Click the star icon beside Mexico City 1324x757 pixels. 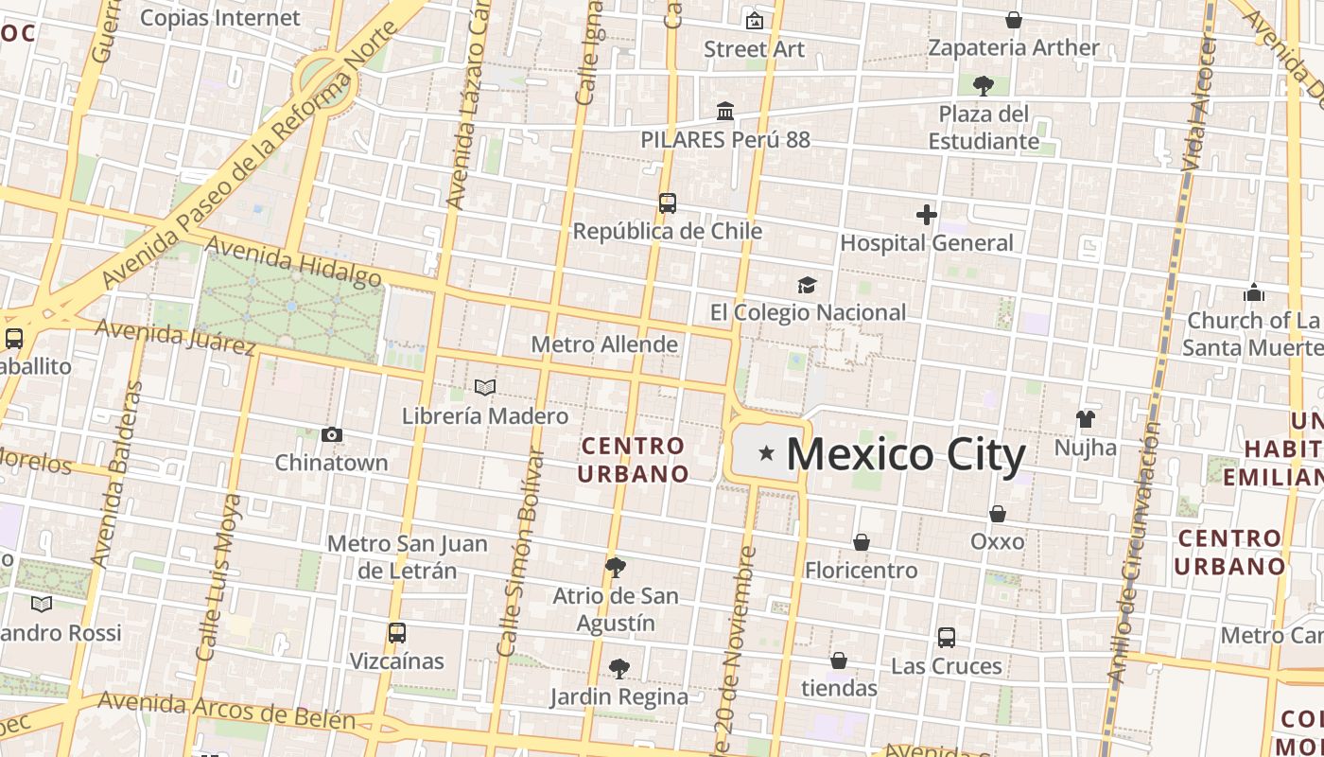click(766, 455)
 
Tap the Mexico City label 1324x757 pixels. click(905, 455)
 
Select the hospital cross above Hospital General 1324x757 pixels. click(927, 215)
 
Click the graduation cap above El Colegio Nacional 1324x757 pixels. click(807, 285)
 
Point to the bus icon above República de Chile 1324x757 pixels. click(668, 203)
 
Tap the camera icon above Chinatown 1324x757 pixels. click(332, 434)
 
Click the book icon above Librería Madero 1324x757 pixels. click(485, 387)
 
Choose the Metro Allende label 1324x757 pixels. click(604, 344)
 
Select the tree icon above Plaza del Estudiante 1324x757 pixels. click(984, 86)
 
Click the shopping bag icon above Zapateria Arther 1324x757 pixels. click(1014, 20)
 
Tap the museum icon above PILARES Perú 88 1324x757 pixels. click(725, 112)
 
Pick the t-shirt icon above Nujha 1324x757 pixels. click(1086, 418)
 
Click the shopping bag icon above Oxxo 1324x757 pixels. click(998, 514)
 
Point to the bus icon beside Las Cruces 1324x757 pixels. click(947, 638)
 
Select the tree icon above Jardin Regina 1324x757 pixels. click(619, 669)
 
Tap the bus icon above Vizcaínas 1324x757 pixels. click(397, 633)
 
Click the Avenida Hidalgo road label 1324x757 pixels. click(293, 260)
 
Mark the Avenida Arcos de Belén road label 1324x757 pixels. click(227, 711)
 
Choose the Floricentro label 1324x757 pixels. click(861, 571)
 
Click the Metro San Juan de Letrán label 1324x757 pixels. click(408, 556)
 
